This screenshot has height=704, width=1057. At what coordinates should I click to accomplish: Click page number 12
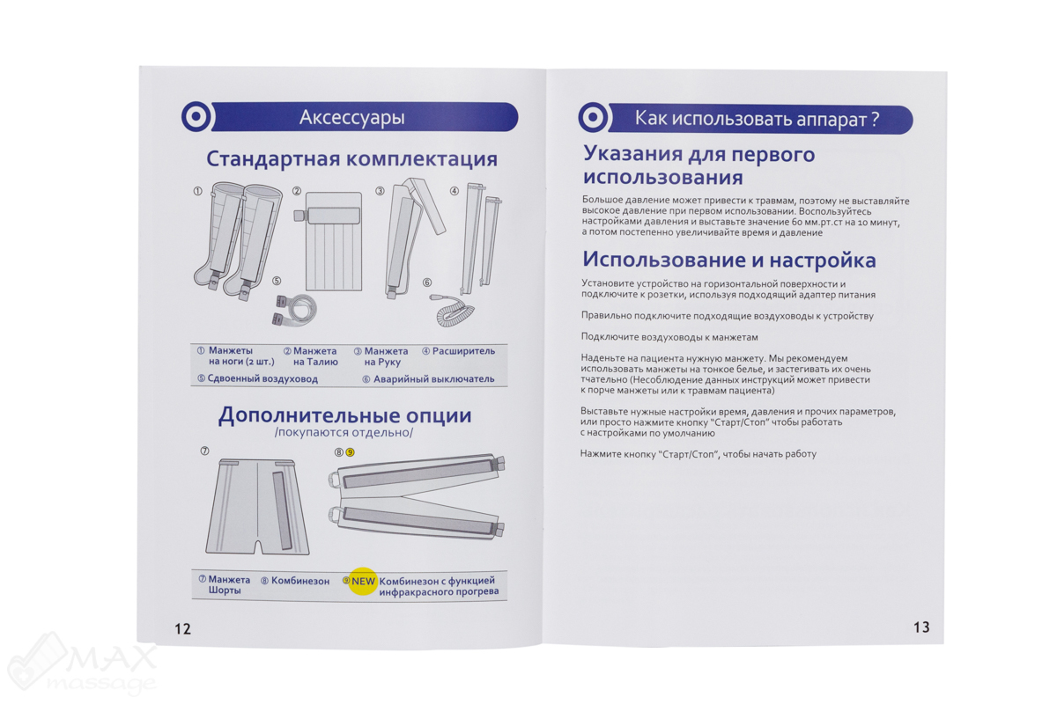pyautogui.click(x=182, y=628)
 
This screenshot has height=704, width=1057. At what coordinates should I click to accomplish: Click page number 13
pyautogui.click(x=920, y=627)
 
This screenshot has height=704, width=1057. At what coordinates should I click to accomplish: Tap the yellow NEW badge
pyautogui.click(x=363, y=582)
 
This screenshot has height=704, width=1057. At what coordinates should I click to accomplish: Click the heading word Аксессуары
pyautogui.click(x=351, y=117)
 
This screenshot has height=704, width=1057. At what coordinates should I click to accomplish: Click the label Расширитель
pyautogui.click(x=463, y=351)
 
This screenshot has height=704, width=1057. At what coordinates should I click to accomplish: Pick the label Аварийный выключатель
pyautogui.click(x=433, y=379)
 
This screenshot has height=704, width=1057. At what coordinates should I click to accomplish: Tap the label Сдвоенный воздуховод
pyautogui.click(x=262, y=379)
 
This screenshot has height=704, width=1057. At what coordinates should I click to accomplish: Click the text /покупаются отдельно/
pyautogui.click(x=344, y=433)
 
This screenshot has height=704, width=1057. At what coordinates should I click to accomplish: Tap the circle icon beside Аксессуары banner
pyautogui.click(x=195, y=117)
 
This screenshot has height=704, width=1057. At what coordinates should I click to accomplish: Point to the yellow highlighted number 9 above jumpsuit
pyautogui.click(x=350, y=452)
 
